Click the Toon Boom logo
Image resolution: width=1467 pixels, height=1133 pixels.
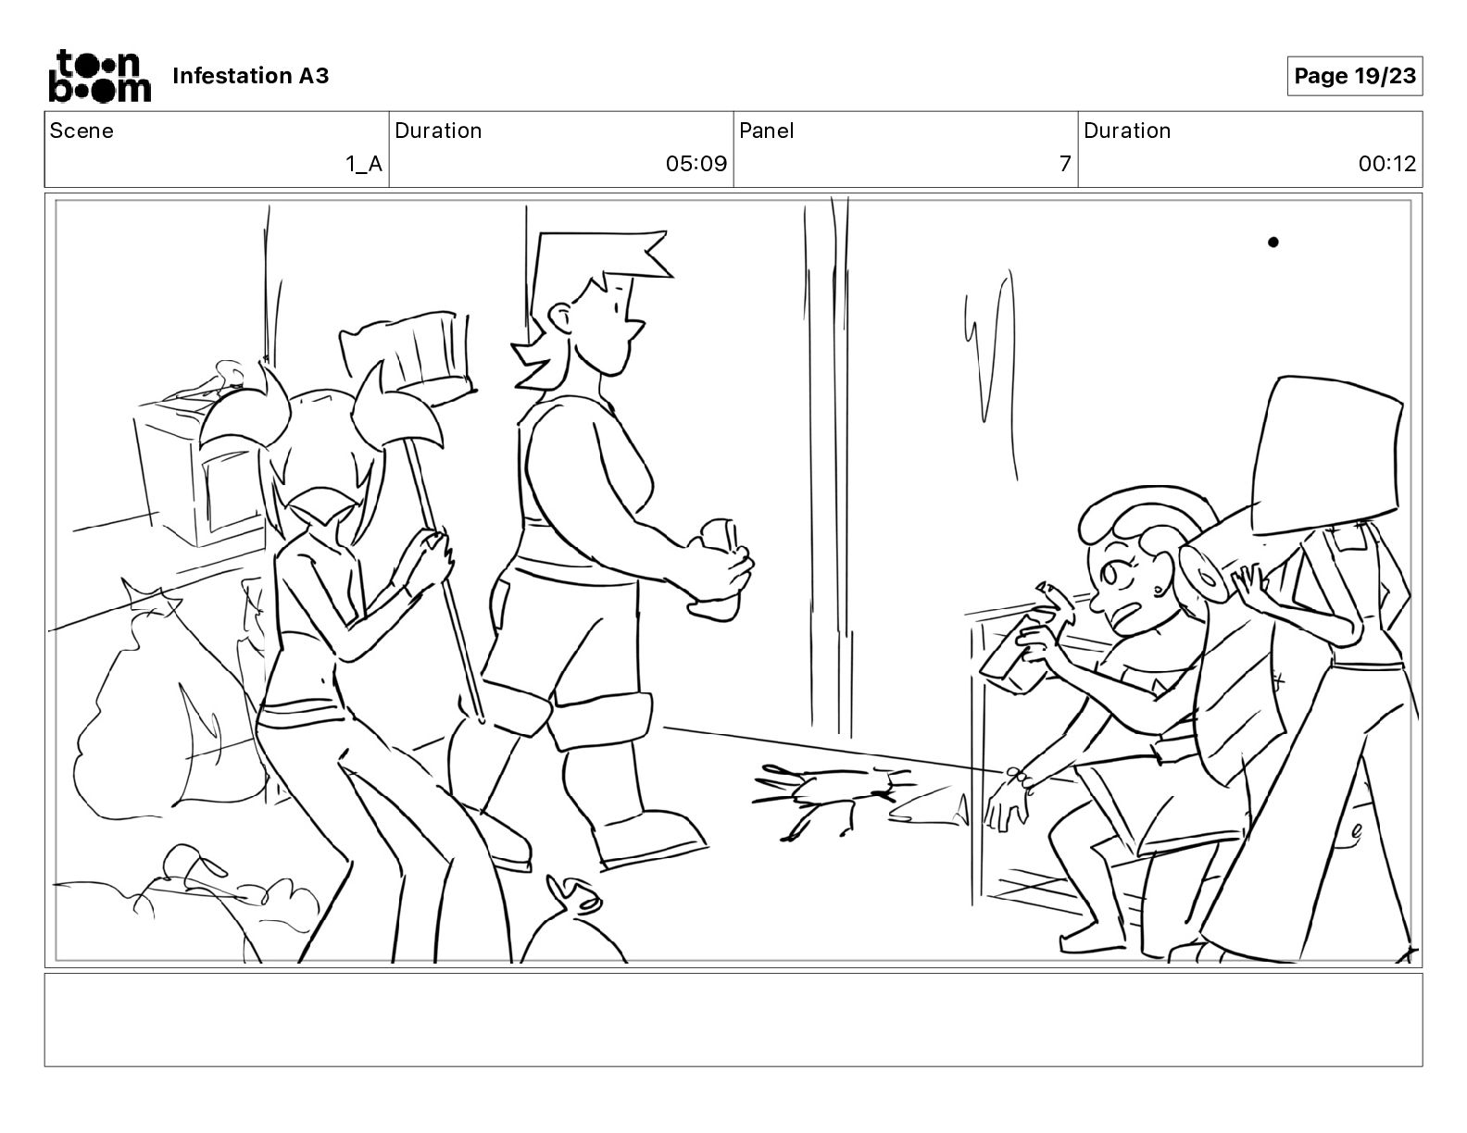click(x=100, y=76)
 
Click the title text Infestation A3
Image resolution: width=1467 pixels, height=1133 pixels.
click(x=250, y=76)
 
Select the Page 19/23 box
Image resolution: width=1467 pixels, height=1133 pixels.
click(x=1354, y=76)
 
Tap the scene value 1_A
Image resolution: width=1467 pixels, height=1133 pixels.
click(x=364, y=163)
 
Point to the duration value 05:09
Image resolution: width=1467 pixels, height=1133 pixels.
click(x=696, y=163)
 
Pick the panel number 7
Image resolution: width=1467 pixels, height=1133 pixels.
click(x=1065, y=163)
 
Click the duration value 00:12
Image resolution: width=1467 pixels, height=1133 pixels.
click(x=1387, y=163)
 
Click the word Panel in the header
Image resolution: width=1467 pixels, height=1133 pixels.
click(x=766, y=131)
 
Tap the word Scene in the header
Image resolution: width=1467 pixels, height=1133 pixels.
click(x=81, y=131)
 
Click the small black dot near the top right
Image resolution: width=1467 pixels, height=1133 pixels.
click(x=1273, y=243)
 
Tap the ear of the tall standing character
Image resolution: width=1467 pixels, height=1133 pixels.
click(x=559, y=315)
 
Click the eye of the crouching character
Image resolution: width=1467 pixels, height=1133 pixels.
click(x=1110, y=575)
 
